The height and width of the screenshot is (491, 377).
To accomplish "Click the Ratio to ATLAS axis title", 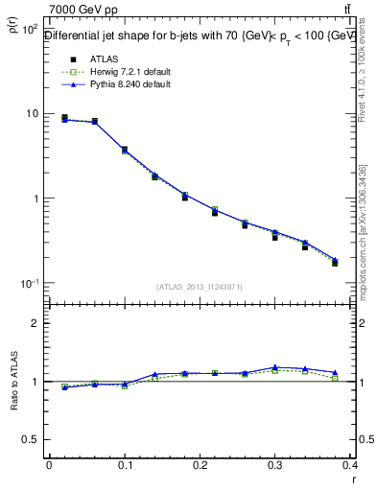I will click(12, 384).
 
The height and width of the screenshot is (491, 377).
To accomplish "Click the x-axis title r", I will click(354, 479).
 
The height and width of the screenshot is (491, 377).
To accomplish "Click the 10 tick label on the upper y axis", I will click(32, 114).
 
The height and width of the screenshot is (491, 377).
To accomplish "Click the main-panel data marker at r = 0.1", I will click(125, 150).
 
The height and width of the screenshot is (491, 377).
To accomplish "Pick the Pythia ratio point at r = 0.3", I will click(275, 367).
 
